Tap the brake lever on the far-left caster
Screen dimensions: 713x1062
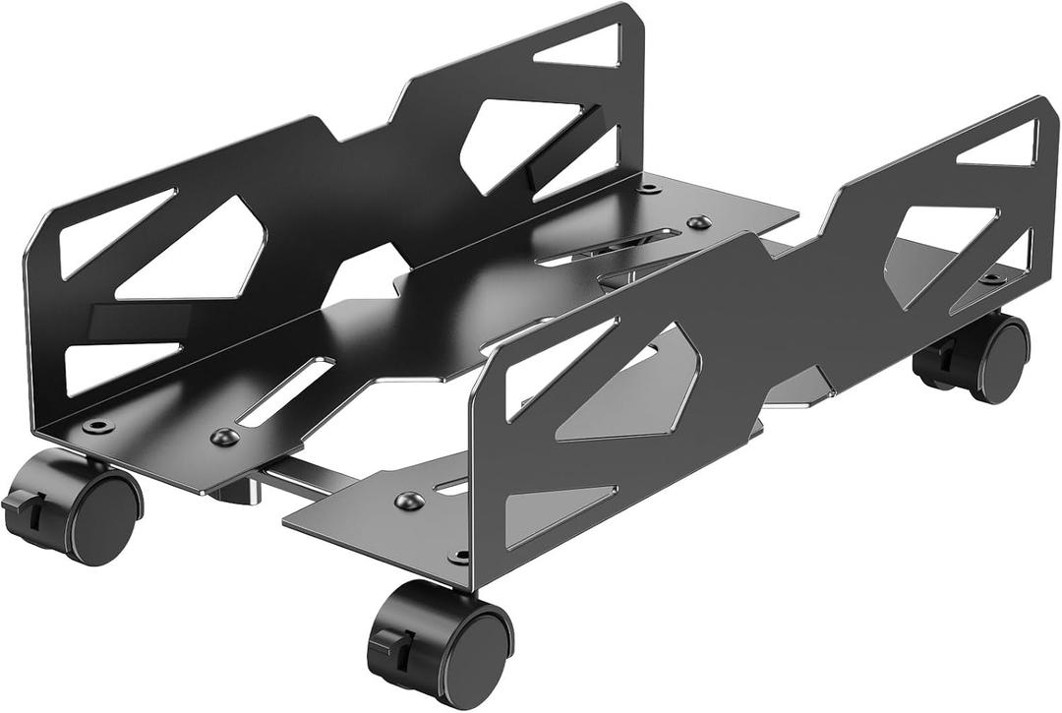pos(22,503)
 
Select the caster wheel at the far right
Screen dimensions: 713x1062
pos(1002,359)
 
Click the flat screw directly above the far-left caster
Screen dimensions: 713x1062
pos(97,427)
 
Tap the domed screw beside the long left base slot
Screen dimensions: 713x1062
pos(224,437)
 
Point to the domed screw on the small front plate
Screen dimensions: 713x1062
pos(409,500)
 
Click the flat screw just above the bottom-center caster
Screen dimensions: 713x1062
pos(459,556)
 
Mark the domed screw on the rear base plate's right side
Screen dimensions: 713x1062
pos(698,222)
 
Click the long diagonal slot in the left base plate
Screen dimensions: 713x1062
pos(285,391)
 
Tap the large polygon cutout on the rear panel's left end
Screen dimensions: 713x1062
pos(197,251)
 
